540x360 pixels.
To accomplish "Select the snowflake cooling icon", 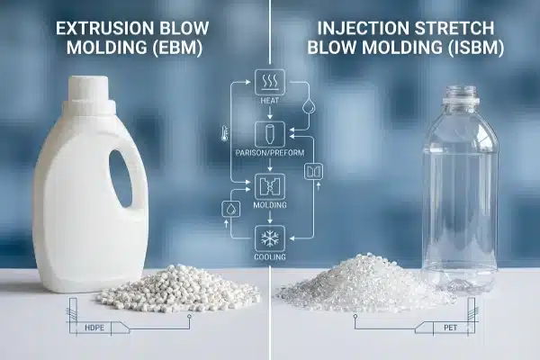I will tap(269, 238).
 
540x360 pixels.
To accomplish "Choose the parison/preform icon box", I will tap(269, 135).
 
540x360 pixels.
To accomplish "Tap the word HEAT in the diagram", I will tap(269, 102).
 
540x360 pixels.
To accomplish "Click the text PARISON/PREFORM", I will tap(270, 154).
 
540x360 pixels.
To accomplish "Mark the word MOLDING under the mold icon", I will tap(270, 206).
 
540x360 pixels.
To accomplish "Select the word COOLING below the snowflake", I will tap(270, 257).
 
